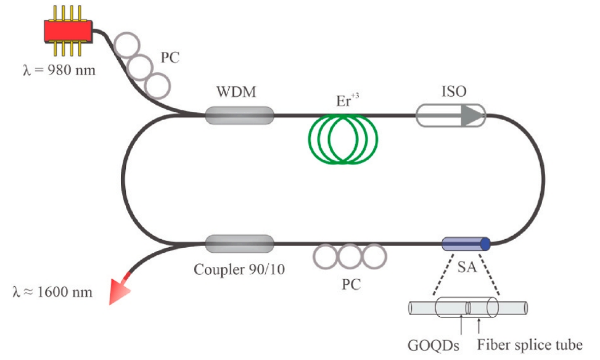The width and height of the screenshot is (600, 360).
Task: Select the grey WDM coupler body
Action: [x=239, y=115]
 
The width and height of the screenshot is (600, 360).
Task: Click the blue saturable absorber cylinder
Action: [x=466, y=244]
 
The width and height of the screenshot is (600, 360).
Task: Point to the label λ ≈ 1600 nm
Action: [x=52, y=291]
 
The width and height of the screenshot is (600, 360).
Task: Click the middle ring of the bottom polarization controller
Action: [x=349, y=255]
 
